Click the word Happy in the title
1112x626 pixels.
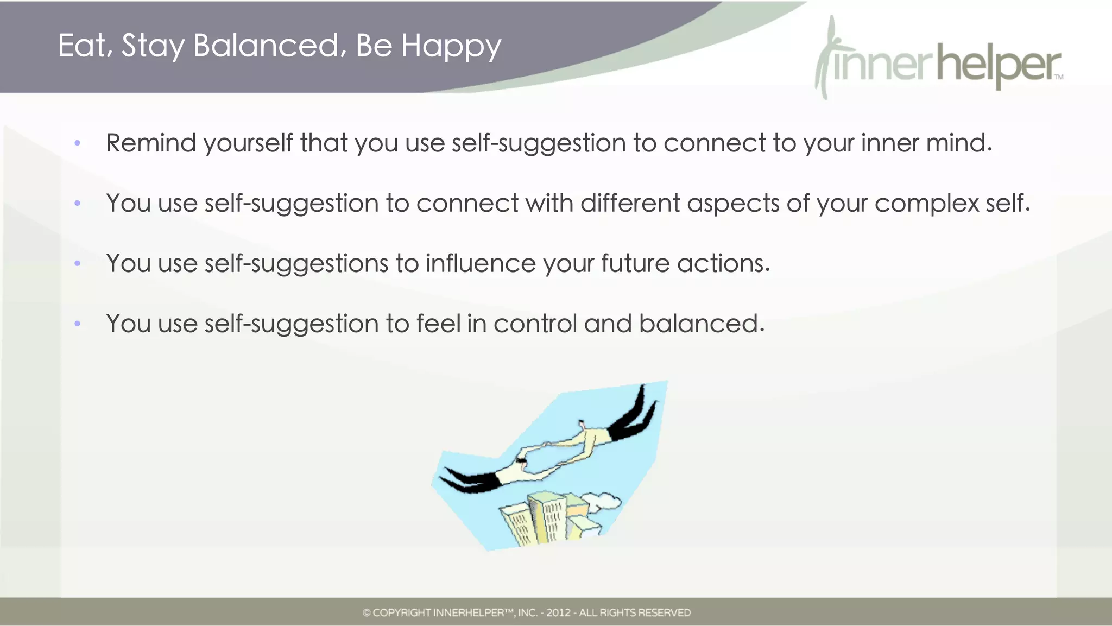(451, 46)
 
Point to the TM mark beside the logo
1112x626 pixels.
(1059, 77)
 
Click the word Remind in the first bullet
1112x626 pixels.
(151, 143)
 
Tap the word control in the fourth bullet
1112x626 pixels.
(535, 324)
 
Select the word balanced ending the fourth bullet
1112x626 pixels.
(701, 324)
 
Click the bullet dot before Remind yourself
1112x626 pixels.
(78, 143)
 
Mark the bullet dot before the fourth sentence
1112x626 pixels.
(78, 324)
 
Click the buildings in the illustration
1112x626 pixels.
(548, 518)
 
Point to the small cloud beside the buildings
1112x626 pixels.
(603, 501)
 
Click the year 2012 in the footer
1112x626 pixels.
(558, 612)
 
